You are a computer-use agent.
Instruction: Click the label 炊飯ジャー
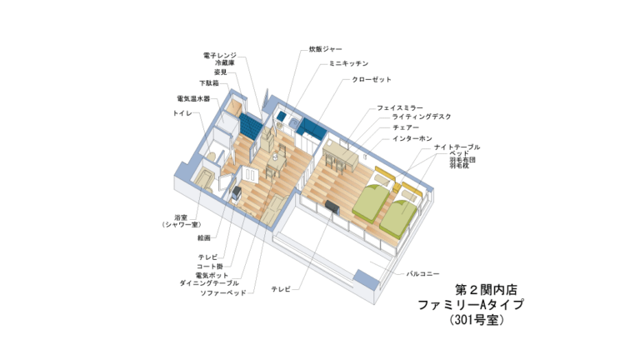point(325,49)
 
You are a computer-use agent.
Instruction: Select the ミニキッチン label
point(349,63)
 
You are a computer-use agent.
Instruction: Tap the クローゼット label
point(372,80)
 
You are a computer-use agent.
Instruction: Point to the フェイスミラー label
point(400,107)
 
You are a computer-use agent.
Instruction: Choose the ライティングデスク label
point(422,117)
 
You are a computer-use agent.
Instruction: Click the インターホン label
point(412,139)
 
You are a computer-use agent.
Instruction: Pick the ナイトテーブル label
point(457,147)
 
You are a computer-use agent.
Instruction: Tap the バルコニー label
point(422,274)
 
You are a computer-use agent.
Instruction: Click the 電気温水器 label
point(193,99)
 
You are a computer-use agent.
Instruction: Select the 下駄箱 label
point(209,83)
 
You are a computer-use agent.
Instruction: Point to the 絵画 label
point(204,237)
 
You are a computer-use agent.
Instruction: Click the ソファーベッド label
point(223,293)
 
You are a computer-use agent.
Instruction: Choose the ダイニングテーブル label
point(209,282)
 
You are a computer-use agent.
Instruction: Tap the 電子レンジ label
point(220,55)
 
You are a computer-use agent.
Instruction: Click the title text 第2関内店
point(486,290)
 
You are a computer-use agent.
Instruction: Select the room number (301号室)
point(477,320)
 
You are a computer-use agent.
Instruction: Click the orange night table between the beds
point(397,188)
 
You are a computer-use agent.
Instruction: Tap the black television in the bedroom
point(332,207)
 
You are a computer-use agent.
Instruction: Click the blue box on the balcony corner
point(366,277)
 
